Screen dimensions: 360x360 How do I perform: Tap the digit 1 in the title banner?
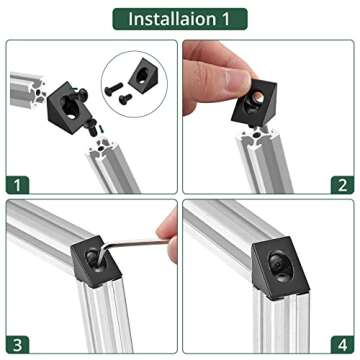[225, 19]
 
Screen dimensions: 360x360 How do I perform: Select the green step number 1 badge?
[18, 185]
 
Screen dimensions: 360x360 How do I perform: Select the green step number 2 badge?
[342, 185]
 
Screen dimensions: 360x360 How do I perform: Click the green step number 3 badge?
[18, 345]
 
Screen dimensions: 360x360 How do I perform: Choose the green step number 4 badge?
[342, 345]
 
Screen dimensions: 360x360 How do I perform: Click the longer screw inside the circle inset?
[114, 89]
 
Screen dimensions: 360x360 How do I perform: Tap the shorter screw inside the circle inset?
[126, 99]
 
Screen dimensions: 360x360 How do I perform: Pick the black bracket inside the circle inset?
[143, 75]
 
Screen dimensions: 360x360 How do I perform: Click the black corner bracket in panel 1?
[69, 108]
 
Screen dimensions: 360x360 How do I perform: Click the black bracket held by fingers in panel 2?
[255, 103]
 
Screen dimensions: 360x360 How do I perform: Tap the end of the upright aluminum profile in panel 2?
[256, 137]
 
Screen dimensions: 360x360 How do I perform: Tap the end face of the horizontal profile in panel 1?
[38, 90]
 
